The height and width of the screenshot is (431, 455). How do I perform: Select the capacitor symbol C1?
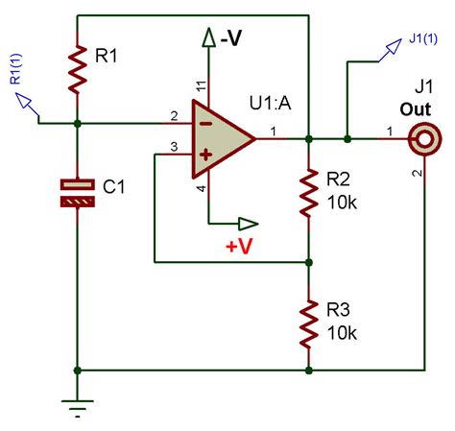(78, 191)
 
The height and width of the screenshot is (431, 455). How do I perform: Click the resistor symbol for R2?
(308, 192)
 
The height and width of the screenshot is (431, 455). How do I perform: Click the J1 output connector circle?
(421, 140)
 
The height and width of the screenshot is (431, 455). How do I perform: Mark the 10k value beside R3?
(341, 334)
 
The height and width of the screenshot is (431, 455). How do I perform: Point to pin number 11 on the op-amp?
(201, 87)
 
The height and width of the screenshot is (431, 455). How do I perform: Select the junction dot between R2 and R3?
(308, 260)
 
